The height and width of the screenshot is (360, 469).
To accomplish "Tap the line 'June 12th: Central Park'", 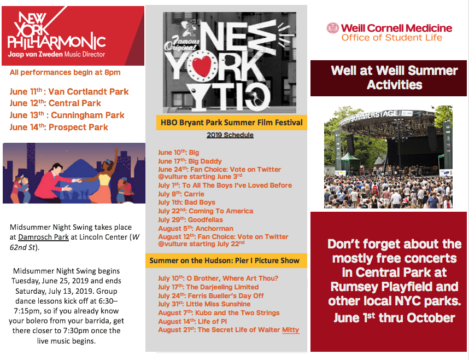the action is pos(55,103).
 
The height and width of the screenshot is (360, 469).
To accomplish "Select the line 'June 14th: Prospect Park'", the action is pos(58,127).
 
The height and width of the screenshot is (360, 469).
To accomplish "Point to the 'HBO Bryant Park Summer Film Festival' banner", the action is pos(232,123).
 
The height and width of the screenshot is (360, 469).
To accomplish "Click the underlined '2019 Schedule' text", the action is pos(230,135).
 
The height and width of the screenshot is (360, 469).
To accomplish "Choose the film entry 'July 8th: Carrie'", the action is pos(181,194).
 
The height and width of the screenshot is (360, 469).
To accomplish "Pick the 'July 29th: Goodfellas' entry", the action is pos(191,219).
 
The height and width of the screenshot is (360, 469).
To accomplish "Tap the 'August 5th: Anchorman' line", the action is pos(196,228).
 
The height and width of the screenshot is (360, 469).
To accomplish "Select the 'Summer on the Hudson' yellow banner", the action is pos(226,260).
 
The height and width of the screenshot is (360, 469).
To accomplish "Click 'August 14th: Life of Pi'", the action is pos(192,321).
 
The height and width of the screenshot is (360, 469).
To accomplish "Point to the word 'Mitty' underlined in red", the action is pos(290,330).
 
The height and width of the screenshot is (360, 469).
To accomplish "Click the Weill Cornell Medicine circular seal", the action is pos(332,28).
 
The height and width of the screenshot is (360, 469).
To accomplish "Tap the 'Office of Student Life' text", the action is pos(392,37).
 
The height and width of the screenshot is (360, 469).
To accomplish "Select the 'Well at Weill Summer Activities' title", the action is pos(394,78).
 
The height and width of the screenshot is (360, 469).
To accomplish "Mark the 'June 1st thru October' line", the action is pos(394,318).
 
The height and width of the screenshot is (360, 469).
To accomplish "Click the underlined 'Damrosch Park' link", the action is pos(43,237).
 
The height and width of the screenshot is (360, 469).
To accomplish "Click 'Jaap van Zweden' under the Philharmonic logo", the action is pos(36,54).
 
